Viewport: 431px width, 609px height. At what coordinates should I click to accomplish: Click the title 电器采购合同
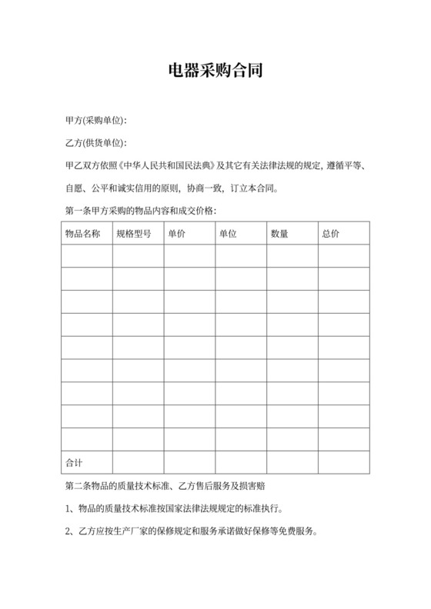click(x=215, y=72)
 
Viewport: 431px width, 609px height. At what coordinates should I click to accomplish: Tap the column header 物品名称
click(x=82, y=233)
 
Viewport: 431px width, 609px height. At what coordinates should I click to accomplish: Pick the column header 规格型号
click(x=133, y=233)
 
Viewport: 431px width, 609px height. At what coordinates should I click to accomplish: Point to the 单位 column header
click(x=228, y=233)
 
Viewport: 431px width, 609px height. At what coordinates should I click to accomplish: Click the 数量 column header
click(x=279, y=233)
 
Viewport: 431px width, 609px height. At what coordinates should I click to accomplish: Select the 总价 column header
click(x=331, y=233)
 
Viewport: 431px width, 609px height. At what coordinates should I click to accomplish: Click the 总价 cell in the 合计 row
click(x=343, y=462)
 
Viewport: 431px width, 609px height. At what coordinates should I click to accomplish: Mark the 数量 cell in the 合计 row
click(x=292, y=462)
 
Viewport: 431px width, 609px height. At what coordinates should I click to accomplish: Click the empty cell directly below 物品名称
click(x=86, y=256)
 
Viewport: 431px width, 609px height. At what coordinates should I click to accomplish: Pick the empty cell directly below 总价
click(x=343, y=256)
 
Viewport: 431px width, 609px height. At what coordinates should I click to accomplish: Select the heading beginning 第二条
click(x=169, y=486)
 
